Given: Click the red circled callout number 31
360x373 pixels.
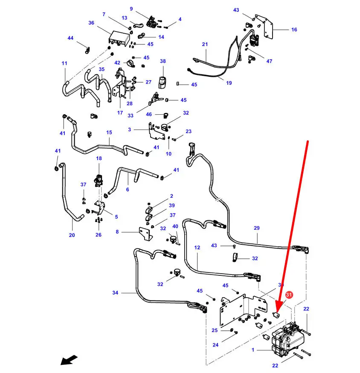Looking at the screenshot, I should click(289, 295).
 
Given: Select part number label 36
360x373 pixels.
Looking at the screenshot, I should click(91, 23).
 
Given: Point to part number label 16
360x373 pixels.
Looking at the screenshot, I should click(294, 30).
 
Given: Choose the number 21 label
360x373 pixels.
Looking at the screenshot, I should click(205, 45).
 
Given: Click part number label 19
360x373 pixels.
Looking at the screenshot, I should click(229, 83).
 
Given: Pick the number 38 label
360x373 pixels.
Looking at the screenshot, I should click(163, 61).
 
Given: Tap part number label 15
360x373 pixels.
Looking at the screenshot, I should click(109, 133).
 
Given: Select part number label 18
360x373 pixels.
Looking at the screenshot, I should click(99, 159).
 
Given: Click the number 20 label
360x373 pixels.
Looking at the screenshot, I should click(71, 235).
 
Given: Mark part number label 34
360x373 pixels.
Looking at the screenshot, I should click(115, 293).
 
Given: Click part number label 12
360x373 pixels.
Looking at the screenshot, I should click(197, 247).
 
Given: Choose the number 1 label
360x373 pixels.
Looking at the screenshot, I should click(253, 350).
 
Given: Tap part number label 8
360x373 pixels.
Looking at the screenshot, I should click(117, 232).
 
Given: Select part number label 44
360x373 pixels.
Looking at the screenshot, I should click(71, 38).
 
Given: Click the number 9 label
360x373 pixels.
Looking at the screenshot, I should click(131, 9).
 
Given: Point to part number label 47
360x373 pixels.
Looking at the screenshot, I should click(269, 61).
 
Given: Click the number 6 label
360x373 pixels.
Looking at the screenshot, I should click(127, 190).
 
